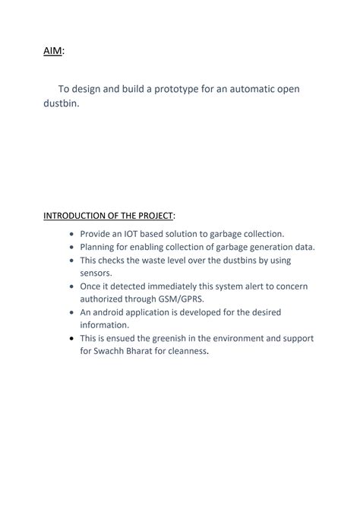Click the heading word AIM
(52, 50)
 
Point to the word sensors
(96, 273)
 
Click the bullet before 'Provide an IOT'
(72, 235)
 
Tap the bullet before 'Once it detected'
(72, 286)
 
